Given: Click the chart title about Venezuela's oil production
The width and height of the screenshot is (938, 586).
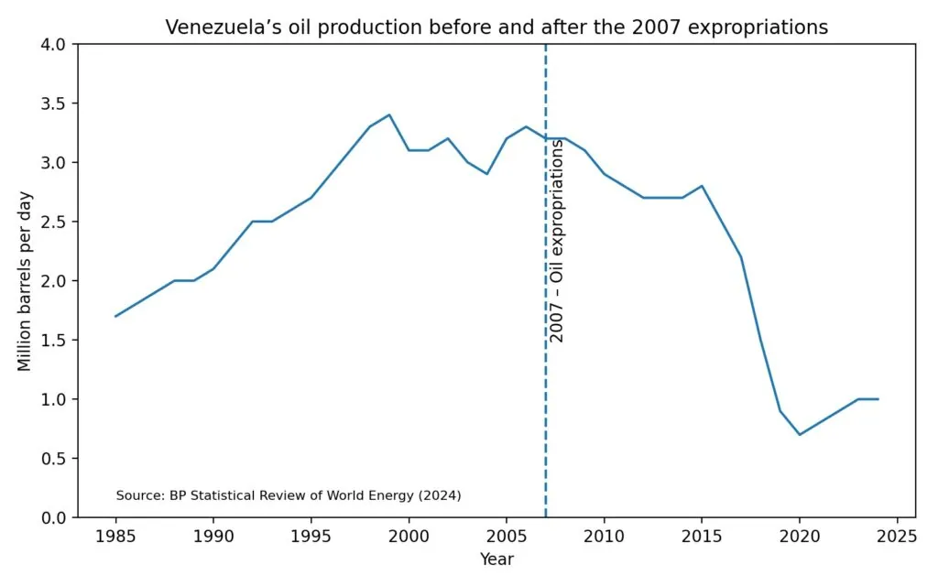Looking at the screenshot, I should pos(496,27).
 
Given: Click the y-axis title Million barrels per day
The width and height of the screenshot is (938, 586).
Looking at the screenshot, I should pos(25,281).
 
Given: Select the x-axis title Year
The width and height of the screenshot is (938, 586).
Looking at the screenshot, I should pos(496,559).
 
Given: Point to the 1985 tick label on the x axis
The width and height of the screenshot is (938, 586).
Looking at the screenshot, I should pos(115,537).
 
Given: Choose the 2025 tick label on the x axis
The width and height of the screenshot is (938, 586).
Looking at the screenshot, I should pos(898,537).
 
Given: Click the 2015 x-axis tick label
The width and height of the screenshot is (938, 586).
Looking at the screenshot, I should pos(702,537).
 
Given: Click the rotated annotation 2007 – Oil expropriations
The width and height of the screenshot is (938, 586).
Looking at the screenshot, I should pos(556,241).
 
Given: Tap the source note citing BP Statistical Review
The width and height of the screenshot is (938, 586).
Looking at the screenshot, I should pos(289,495).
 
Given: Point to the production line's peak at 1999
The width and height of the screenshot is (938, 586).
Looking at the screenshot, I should pos(389,115).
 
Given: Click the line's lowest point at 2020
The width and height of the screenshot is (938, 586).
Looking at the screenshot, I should pos(800,435).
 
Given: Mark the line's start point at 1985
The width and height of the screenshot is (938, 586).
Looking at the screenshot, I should pos(115,316).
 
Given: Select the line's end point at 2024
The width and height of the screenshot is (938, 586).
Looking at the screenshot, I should pos(878,399).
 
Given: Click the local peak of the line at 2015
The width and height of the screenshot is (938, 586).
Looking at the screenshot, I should pos(702,186).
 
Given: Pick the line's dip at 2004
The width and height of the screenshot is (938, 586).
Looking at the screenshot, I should pos(487,174).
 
